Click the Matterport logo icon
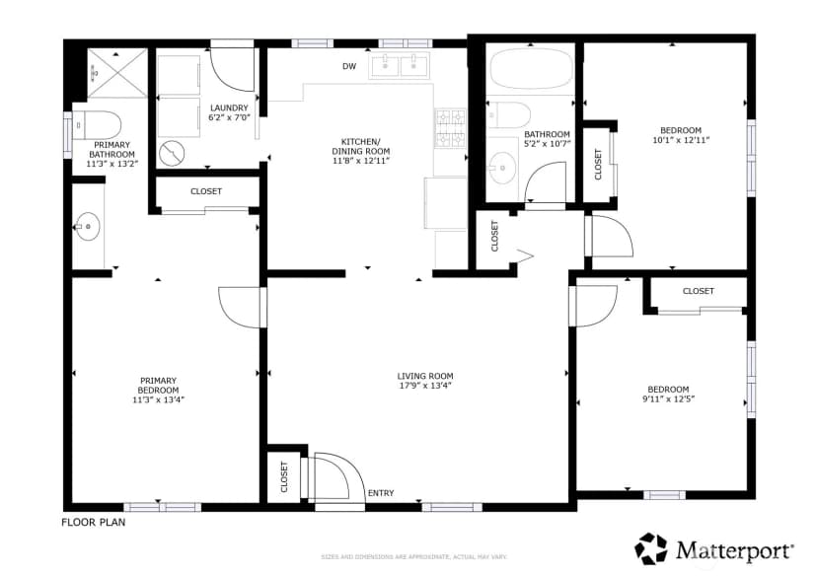651,548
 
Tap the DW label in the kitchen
349,66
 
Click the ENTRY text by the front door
381,493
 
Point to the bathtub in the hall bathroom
532,69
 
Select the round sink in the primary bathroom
88,227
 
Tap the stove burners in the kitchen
450,127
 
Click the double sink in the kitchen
399,66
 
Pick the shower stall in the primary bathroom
117,73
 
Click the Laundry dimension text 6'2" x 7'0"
229,117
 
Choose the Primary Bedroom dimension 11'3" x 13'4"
159,399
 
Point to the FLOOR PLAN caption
94,522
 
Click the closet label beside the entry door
284,476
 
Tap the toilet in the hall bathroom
508,115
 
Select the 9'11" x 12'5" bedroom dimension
669,398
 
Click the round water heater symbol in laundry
172,154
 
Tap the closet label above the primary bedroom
206,191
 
